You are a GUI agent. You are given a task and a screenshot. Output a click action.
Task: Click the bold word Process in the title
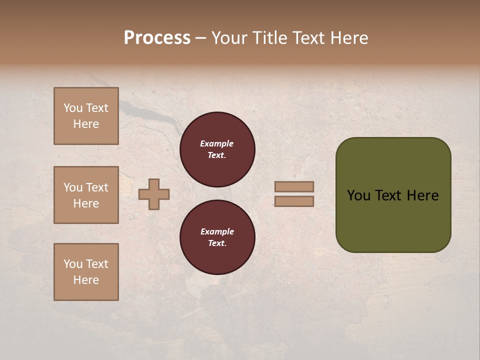tap(157, 38)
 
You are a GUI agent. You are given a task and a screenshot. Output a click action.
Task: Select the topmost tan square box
tap(86, 116)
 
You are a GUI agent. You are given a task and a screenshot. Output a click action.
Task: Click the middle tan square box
tap(86, 195)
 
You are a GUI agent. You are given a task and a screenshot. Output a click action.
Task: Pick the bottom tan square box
tap(86, 272)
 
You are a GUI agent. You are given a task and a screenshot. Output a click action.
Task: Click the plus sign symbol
tap(154, 194)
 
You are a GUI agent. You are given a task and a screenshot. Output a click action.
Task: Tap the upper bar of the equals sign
tap(294, 187)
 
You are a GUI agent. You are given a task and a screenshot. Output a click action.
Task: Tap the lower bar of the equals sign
tap(294, 201)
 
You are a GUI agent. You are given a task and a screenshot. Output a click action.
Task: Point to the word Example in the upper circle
tap(217, 143)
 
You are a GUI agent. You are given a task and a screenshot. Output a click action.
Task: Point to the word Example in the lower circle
tap(217, 231)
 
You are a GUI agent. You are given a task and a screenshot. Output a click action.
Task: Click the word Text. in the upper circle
tap(217, 155)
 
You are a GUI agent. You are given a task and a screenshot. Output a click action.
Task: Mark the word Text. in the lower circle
tap(217, 243)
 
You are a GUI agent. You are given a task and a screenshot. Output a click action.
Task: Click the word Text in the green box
tap(388, 195)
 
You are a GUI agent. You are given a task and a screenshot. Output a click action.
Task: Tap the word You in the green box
tap(358, 195)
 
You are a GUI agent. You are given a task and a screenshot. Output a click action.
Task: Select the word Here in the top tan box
tap(86, 124)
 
